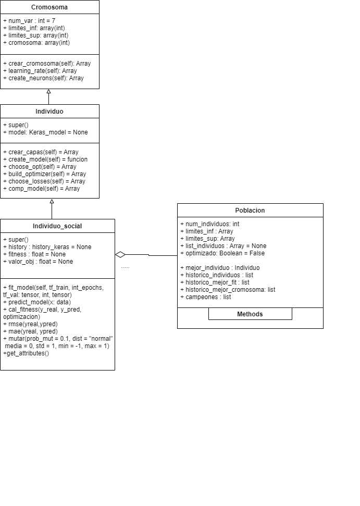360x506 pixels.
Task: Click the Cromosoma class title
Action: click(49, 7)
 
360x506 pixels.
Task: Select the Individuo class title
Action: click(49, 112)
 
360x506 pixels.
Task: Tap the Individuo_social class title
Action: click(57, 226)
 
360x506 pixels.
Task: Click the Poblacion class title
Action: click(250, 211)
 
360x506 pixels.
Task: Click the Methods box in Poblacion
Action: click(250, 314)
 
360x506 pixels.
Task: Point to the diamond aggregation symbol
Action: click(120, 255)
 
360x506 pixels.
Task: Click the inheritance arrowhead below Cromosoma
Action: click(48, 92)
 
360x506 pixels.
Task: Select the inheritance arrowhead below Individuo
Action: click(52, 201)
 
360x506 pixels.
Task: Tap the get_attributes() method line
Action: click(26, 353)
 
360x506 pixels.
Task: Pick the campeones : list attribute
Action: click(206, 297)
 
